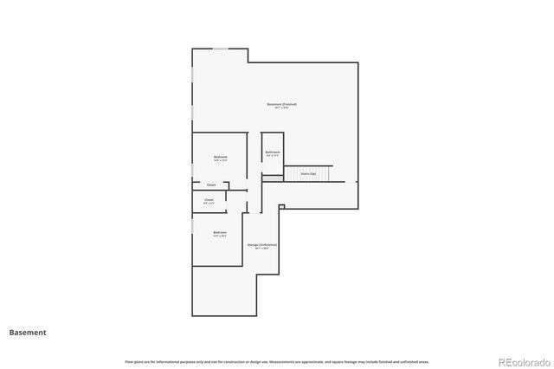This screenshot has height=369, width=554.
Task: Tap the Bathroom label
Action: (x=272, y=152)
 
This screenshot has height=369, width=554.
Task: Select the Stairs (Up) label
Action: (x=307, y=173)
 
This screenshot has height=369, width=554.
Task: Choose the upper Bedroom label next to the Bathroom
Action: (x=220, y=157)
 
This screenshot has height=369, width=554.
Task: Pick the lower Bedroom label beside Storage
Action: (x=220, y=231)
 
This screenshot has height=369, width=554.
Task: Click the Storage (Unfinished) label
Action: (x=261, y=244)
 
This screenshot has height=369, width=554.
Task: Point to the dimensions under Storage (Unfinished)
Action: (x=261, y=249)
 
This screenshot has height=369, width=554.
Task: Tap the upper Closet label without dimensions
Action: (x=210, y=185)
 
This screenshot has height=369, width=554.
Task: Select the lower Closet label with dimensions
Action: (x=209, y=199)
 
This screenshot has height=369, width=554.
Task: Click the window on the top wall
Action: (x=221, y=49)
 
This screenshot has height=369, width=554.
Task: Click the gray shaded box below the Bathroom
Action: (x=273, y=178)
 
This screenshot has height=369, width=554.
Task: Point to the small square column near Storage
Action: (x=281, y=206)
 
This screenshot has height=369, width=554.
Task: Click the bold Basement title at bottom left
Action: (x=28, y=332)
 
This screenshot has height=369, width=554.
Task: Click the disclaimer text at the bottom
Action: (x=277, y=361)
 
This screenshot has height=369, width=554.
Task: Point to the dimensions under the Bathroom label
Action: (x=272, y=156)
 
